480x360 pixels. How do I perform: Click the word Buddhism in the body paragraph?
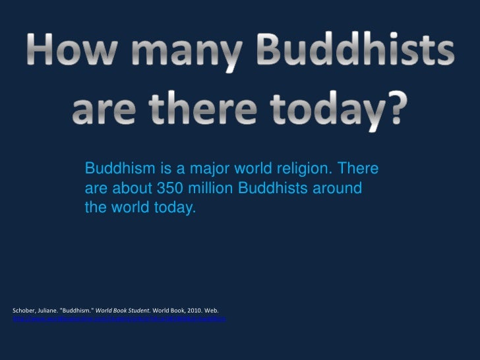(x=115, y=169)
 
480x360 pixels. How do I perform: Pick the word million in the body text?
(x=210, y=189)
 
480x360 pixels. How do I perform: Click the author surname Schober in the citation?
(x=25, y=310)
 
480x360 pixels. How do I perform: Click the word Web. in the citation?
(x=212, y=310)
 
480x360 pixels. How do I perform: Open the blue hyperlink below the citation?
(x=119, y=318)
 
